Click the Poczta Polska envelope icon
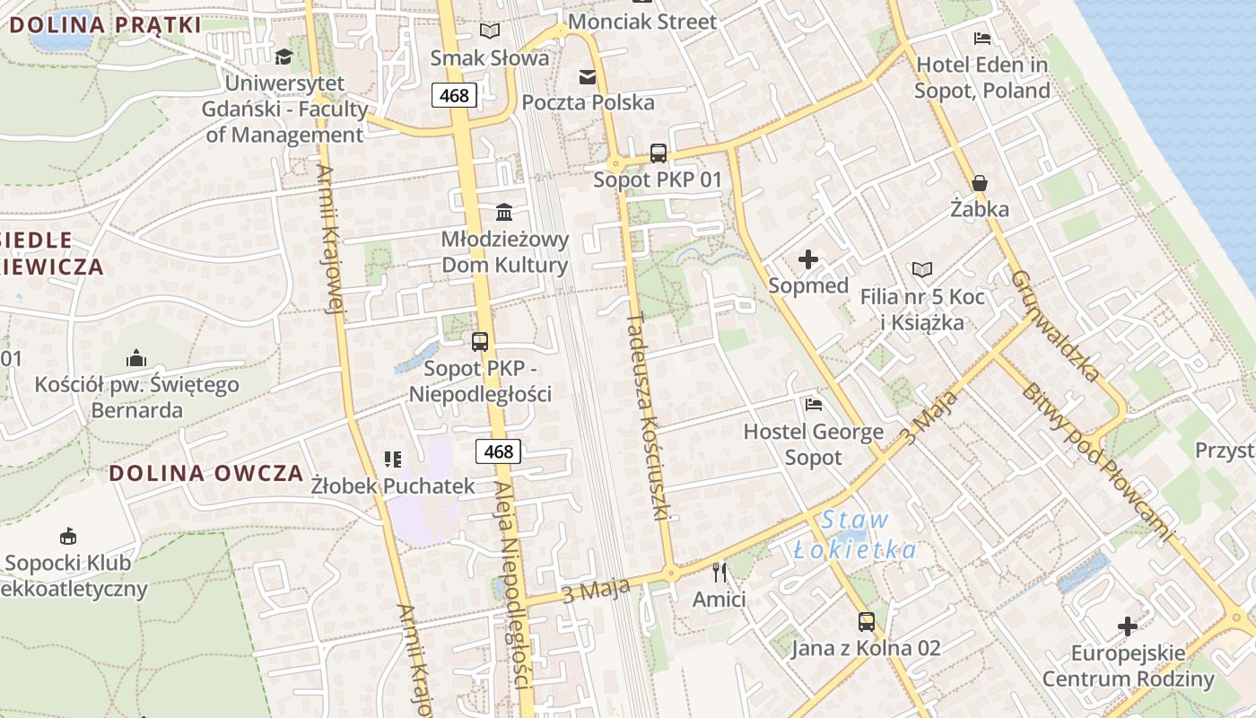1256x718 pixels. (x=588, y=77)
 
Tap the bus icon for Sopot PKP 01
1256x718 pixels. (x=659, y=153)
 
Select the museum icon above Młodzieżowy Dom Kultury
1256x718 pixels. (x=504, y=213)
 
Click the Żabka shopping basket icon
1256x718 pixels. (x=980, y=183)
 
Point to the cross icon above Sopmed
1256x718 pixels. (x=808, y=260)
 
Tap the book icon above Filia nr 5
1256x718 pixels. (x=922, y=269)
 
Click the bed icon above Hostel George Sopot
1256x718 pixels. (x=814, y=405)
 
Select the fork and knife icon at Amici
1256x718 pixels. (x=719, y=572)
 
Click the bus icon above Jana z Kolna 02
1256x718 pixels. (x=866, y=621)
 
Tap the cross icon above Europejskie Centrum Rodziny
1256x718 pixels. (x=1128, y=626)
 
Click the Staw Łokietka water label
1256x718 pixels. (x=856, y=535)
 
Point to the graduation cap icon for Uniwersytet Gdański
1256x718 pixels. (x=284, y=57)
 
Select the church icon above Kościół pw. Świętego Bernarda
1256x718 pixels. (x=136, y=358)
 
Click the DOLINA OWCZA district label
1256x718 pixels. (x=206, y=474)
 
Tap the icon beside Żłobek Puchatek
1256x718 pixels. (x=392, y=460)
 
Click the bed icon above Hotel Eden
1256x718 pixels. (x=982, y=39)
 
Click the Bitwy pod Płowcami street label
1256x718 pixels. (x=1097, y=462)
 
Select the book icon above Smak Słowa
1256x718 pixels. (x=489, y=31)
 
